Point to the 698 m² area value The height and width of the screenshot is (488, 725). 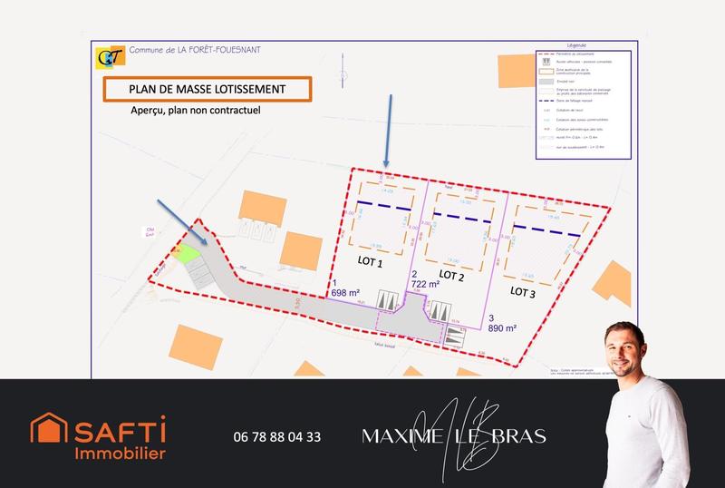click(x=346, y=293)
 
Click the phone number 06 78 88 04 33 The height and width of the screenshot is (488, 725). click(x=276, y=436)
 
